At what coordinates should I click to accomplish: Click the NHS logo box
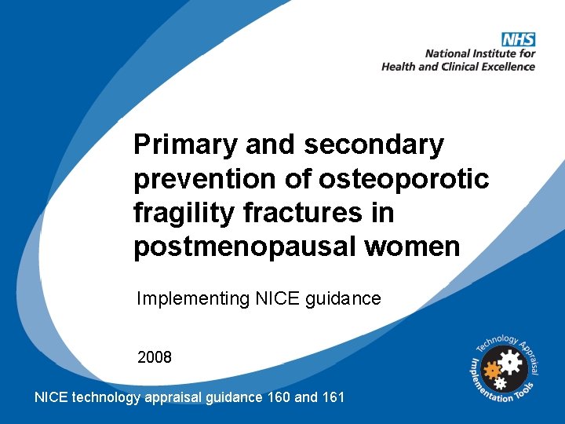tap(518, 39)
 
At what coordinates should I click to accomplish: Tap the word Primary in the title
tap(185, 145)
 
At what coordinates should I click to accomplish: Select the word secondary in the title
tap(374, 145)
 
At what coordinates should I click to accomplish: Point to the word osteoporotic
tap(404, 179)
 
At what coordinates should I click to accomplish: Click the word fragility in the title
tap(177, 213)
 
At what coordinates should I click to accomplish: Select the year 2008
tap(155, 357)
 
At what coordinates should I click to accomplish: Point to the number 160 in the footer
tap(278, 397)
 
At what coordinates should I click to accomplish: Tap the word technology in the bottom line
tap(107, 397)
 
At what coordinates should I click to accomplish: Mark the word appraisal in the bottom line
tap(173, 397)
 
